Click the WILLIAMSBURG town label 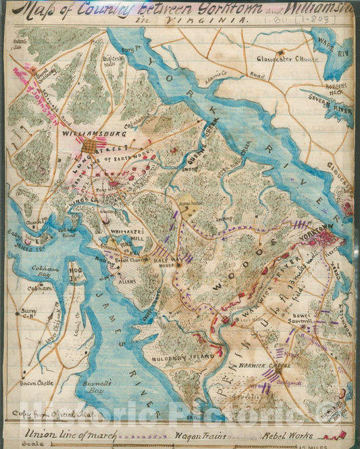pos(86,134)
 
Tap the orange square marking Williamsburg pos(90,147)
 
